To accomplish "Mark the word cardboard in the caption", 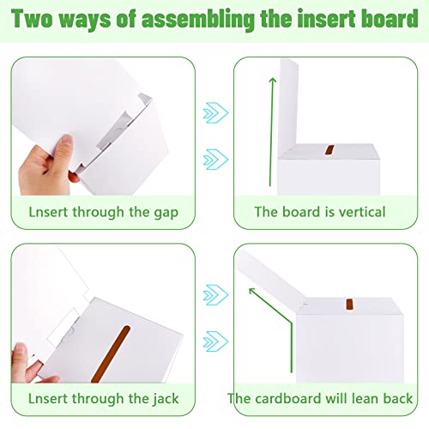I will coord(287,398).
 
